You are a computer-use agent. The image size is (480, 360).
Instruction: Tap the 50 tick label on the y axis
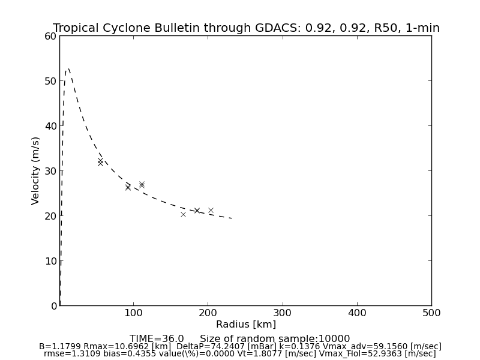[x=50, y=81]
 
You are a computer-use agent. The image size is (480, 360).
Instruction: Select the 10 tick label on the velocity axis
[x=50, y=261]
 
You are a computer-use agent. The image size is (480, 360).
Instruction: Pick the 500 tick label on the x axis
[x=431, y=313]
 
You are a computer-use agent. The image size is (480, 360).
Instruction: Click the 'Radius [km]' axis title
[x=246, y=325]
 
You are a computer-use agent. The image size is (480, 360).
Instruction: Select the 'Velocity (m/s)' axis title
[x=36, y=170]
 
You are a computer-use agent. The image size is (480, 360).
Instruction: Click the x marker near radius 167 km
[x=183, y=214]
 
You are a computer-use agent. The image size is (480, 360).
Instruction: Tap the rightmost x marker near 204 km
[x=211, y=210]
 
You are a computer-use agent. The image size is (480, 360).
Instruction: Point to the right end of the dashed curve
[x=232, y=218]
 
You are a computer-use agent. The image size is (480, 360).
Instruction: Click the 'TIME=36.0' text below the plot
[x=157, y=339]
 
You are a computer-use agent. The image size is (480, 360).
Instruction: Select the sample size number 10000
[x=334, y=339]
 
